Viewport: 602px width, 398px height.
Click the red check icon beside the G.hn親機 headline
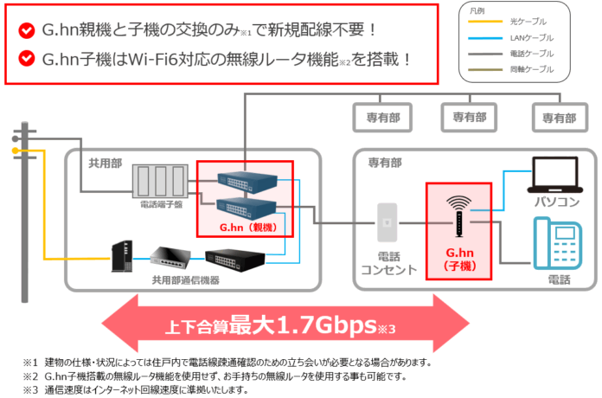(26, 30)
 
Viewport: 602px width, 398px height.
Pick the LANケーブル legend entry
(541, 38)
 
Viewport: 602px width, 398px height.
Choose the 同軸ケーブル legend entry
(541, 68)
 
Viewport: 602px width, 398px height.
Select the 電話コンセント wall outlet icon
(386, 224)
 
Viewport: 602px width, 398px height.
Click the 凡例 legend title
(477, 11)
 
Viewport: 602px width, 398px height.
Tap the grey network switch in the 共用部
(173, 255)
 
